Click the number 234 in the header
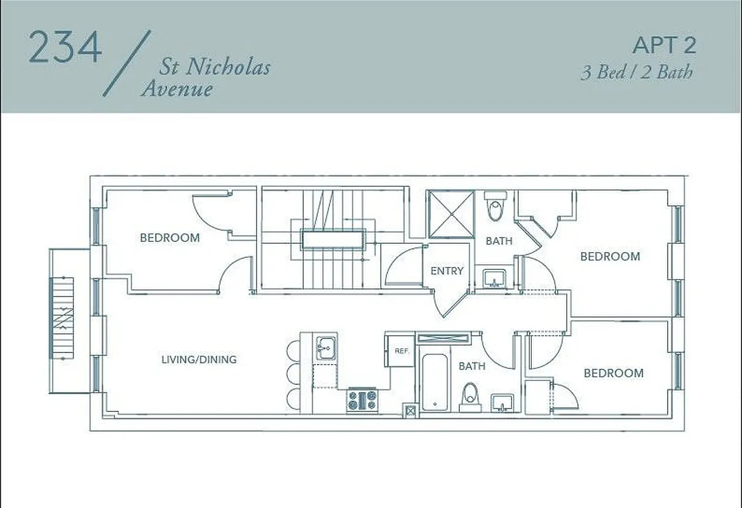coord(65,47)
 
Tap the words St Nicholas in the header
coord(215,67)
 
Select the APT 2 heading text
coord(664,45)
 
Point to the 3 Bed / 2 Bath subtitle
coord(637,72)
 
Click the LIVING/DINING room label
coord(199,359)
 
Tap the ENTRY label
coord(447,271)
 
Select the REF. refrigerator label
coord(401,351)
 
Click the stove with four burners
coord(362,401)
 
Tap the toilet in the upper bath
coord(496,206)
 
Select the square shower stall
coord(450,214)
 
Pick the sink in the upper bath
coord(494,277)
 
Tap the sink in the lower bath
coord(503,401)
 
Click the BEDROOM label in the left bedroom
coord(170,238)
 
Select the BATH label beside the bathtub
coord(472,366)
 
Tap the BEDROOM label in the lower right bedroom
coord(613,373)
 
